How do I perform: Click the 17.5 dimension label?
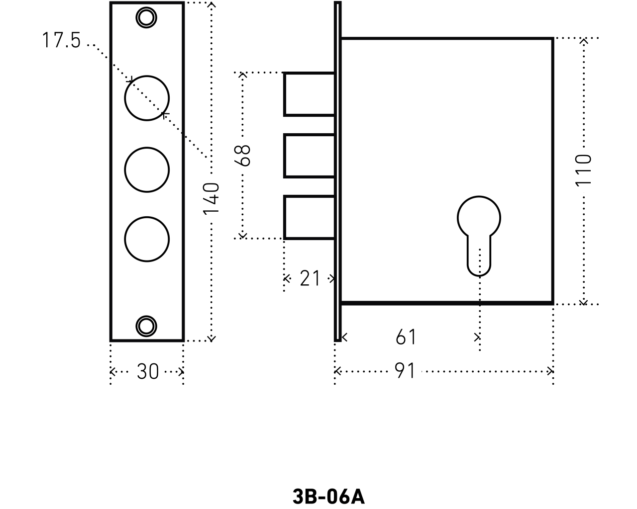(61, 41)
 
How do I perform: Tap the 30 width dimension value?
(147, 371)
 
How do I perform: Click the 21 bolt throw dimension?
(310, 278)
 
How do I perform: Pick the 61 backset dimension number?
(406, 338)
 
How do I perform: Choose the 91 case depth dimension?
(405, 371)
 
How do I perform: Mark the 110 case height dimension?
(584, 170)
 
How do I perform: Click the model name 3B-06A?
(328, 496)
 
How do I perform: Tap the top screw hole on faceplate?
(146, 17)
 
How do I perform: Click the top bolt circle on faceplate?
(147, 98)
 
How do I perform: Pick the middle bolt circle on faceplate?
(147, 169)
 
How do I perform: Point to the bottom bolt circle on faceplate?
(147, 239)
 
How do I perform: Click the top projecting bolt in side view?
(309, 94)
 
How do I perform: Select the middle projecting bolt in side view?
(309, 156)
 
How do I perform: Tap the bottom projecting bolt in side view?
(309, 218)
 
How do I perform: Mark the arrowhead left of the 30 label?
(112, 371)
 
